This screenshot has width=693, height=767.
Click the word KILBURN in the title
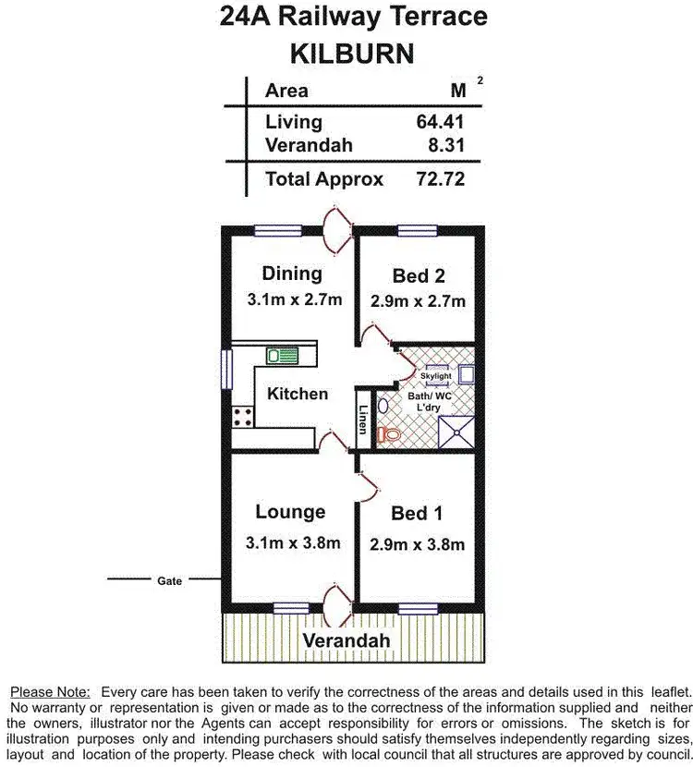pos(352,53)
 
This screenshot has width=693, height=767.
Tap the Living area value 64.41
pos(440,121)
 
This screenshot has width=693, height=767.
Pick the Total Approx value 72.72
pos(440,178)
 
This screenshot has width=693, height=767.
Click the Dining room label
pos(292,274)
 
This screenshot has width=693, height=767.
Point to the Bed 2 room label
pos(419,275)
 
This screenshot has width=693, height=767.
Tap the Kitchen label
pos(298,394)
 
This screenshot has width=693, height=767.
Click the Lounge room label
pos(290,512)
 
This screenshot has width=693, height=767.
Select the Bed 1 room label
pos(416,514)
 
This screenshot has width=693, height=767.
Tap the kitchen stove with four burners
pos(243,417)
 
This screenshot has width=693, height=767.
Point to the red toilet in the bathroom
pos(388,433)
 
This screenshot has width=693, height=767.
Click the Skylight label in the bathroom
pos(435,377)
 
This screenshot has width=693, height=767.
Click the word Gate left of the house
pos(169,581)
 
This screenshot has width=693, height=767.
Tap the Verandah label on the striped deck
pos(346,640)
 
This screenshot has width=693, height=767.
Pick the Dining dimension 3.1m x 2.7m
pos(295,299)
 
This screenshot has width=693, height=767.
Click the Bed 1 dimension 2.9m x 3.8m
pos(417,543)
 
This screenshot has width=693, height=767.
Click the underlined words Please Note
pos(50,691)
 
